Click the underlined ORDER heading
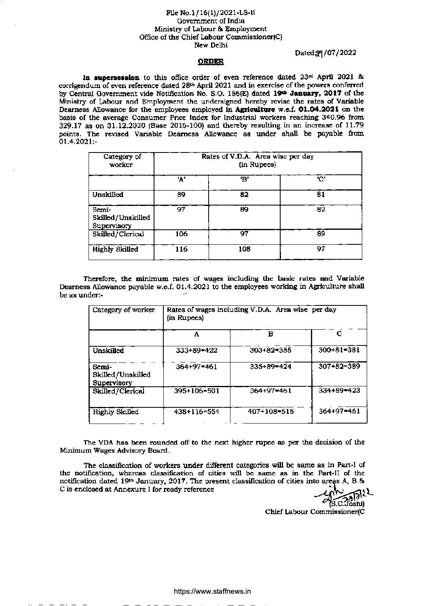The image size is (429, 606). click(210, 61)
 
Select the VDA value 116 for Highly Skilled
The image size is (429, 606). click(181, 250)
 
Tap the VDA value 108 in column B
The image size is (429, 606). click(244, 250)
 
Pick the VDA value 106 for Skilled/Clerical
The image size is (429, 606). click(181, 234)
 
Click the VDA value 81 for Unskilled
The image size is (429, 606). click(321, 195)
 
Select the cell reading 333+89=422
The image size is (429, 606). click(197, 351)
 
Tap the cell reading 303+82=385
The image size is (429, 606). click(271, 351)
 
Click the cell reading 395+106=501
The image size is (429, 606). click(197, 391)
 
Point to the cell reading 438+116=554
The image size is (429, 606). click(197, 412)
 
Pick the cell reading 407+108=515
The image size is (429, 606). click(271, 412)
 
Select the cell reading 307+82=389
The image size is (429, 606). click(339, 367)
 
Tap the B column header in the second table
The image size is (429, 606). click(271, 334)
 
